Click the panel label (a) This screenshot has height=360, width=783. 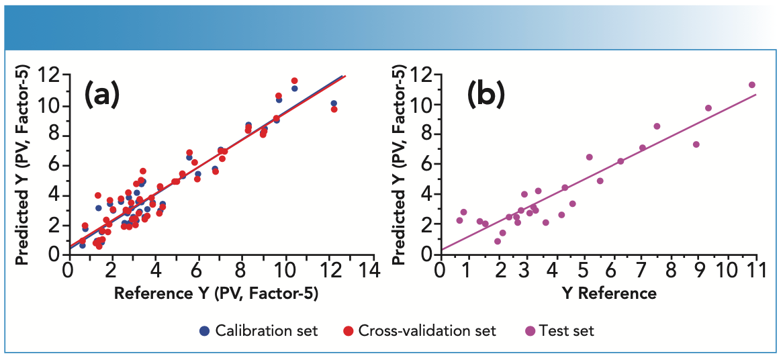101,96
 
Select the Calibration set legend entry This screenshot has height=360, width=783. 259,330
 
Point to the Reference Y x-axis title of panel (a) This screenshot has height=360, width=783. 216,294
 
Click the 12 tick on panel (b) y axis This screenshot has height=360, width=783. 422,75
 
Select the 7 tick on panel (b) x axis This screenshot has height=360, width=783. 642,270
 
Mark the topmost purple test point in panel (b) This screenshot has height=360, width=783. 751,85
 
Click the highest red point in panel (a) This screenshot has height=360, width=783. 294,81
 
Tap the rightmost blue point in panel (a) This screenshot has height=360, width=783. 334,103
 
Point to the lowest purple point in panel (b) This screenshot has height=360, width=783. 498,241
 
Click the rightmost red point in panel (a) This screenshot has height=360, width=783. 334,109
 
